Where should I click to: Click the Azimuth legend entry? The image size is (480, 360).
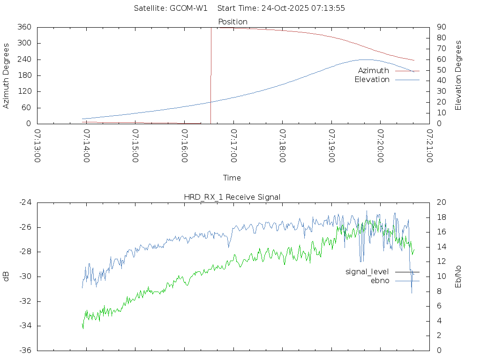[x=374, y=71]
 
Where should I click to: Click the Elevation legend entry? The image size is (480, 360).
[x=372, y=80]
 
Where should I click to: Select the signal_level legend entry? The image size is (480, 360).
[x=367, y=272]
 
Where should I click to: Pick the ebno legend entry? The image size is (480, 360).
[x=380, y=281]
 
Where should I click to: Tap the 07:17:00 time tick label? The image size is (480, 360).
[x=233, y=146]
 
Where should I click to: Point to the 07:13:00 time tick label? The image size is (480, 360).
[x=37, y=146]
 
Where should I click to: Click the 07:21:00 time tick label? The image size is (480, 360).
[x=429, y=146]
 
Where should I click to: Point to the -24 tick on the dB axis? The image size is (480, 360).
[x=25, y=202]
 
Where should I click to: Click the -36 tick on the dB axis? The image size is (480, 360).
[x=25, y=350]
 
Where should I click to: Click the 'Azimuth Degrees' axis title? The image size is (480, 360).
[x=7, y=75]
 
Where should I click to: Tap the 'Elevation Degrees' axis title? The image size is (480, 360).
[x=458, y=75]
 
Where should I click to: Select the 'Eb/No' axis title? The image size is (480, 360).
[x=458, y=277]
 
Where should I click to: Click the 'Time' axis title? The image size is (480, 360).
[x=232, y=178]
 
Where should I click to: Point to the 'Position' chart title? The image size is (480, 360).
[x=233, y=22]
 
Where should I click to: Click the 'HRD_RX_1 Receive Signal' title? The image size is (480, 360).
[x=232, y=197]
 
